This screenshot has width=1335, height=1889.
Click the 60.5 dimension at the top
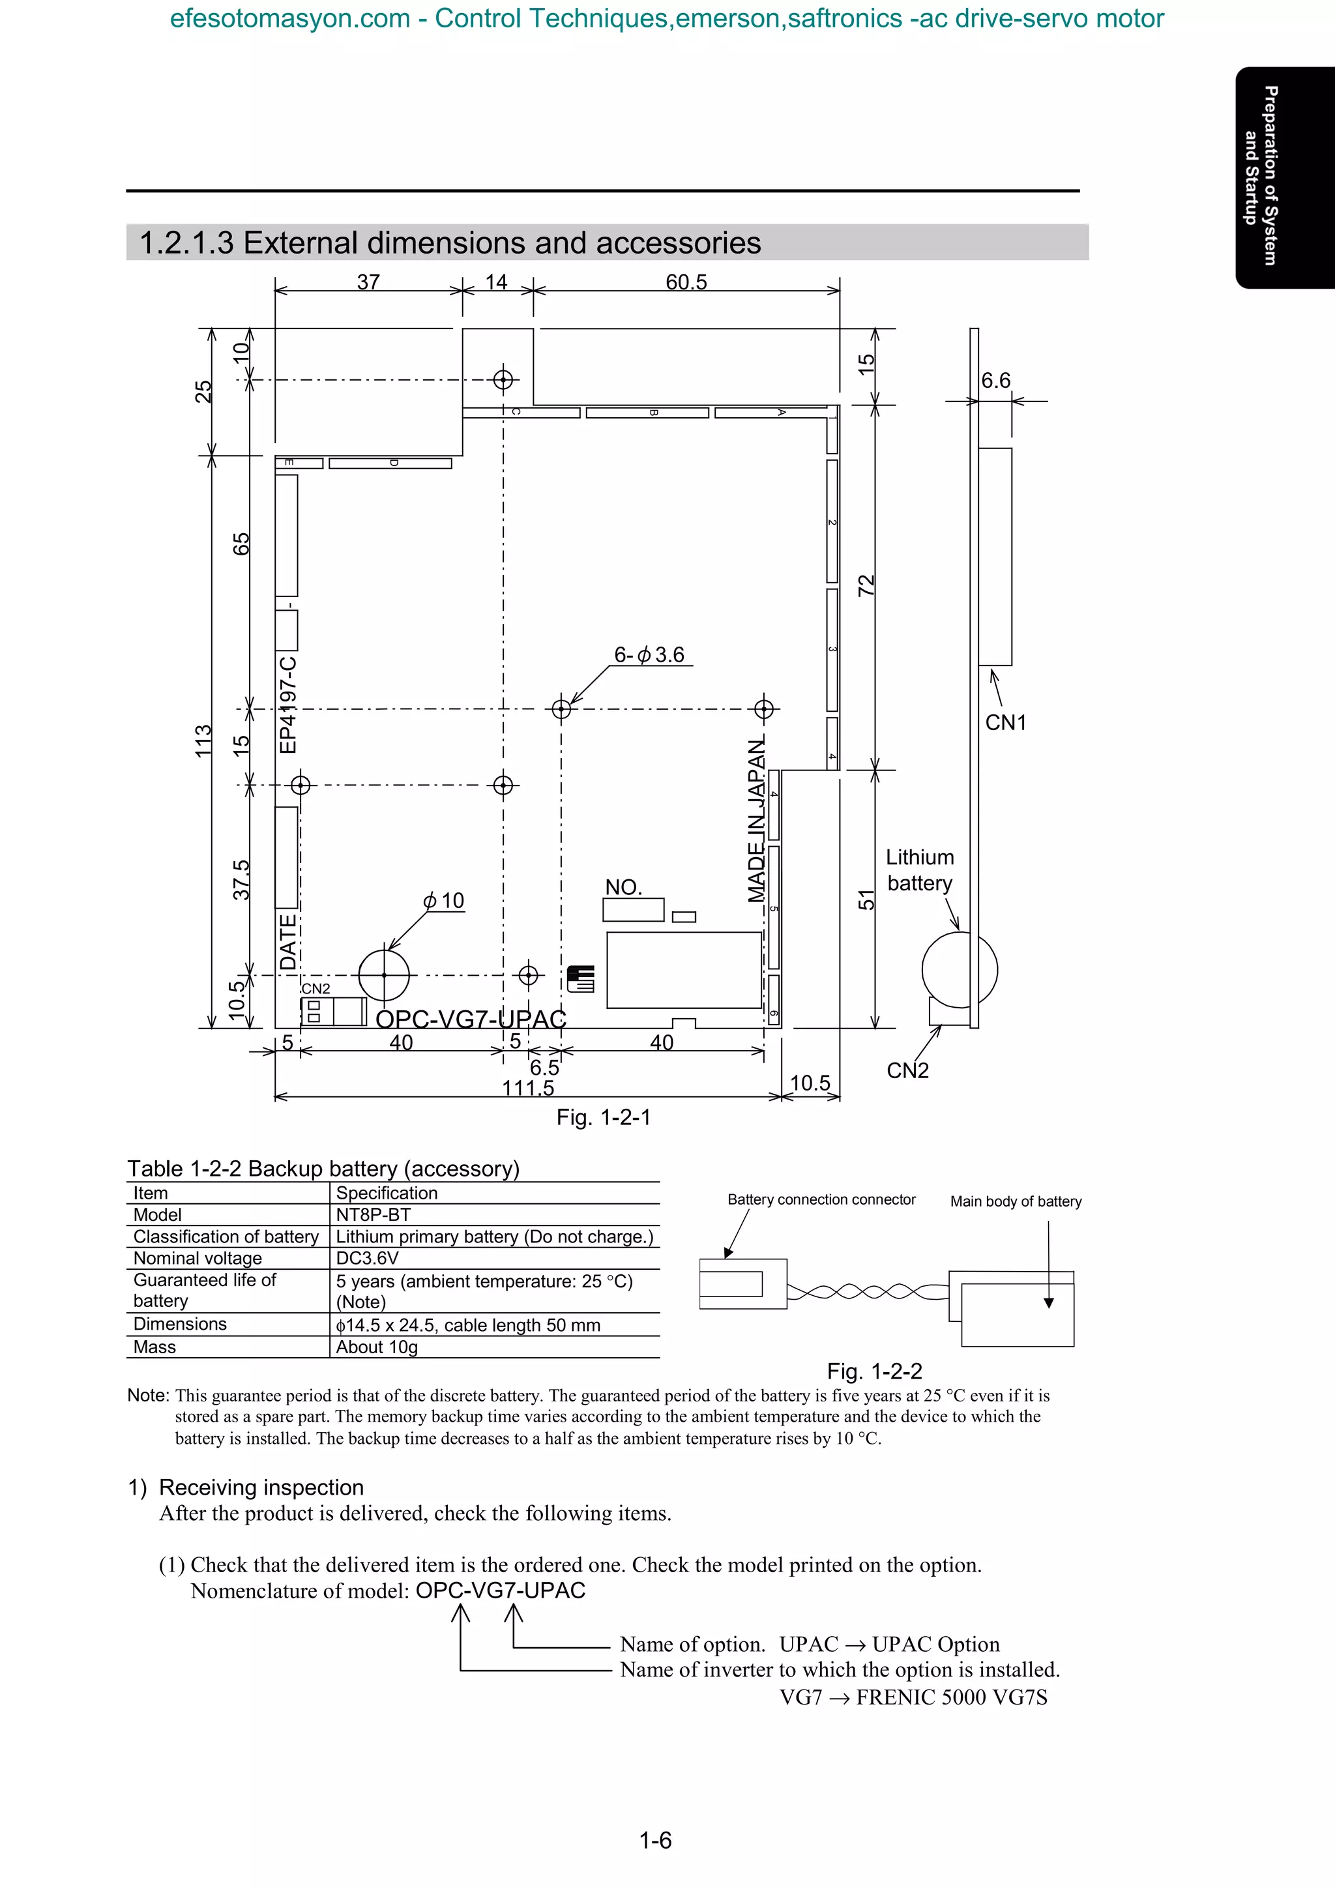click(686, 282)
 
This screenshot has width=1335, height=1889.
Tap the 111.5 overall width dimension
click(528, 1089)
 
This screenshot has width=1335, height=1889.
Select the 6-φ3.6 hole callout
click(649, 655)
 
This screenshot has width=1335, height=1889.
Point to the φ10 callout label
click(444, 901)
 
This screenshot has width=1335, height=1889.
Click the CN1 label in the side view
click(1005, 722)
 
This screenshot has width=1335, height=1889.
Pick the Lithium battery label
click(920, 870)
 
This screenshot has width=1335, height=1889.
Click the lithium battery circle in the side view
click(959, 970)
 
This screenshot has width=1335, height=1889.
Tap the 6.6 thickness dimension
click(995, 380)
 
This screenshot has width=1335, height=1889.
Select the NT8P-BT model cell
click(374, 1214)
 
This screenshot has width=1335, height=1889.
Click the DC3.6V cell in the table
click(367, 1258)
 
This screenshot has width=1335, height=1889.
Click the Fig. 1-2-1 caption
click(603, 1117)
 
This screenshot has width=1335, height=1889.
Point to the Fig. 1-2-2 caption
click(874, 1371)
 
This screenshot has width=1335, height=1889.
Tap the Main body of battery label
click(1016, 1201)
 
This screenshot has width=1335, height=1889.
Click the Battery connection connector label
click(821, 1199)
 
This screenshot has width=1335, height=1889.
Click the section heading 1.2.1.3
click(450, 242)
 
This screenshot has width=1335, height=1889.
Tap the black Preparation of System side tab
click(1284, 177)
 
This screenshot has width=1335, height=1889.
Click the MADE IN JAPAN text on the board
click(757, 820)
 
